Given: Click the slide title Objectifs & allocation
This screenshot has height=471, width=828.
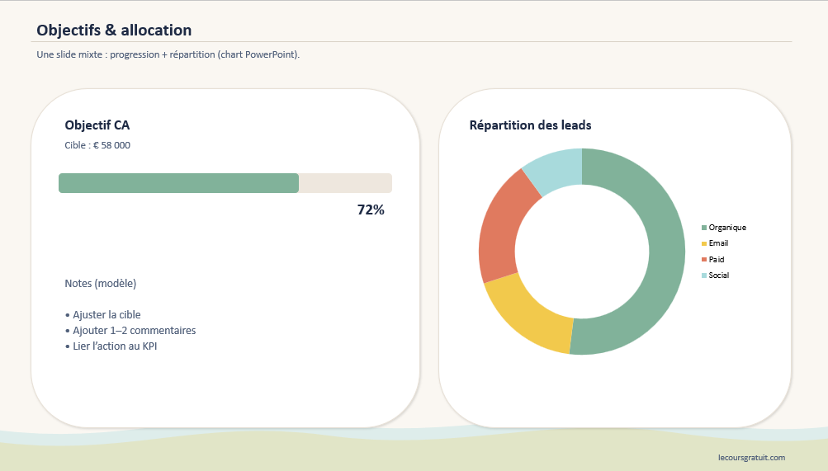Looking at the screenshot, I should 114,31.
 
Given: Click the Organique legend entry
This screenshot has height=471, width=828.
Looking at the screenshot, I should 726,228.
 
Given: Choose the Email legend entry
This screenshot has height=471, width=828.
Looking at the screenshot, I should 717,243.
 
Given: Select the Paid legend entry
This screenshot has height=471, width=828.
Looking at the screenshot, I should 716,259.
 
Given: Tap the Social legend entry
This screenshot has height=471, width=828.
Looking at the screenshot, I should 718,276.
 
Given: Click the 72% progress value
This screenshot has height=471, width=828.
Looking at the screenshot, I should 371,210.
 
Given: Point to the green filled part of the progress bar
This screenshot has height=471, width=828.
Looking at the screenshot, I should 178,183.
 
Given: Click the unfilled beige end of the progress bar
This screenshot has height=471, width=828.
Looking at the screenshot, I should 345,183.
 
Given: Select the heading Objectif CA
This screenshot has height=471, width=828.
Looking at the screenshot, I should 97,125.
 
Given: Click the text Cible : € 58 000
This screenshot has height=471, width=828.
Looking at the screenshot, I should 97,145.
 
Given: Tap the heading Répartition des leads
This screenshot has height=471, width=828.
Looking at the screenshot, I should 530,125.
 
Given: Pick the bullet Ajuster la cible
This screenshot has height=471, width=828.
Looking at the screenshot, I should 103,315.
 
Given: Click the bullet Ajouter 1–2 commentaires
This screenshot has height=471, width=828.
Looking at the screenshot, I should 130,331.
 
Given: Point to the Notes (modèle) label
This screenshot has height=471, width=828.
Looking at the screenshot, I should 101,284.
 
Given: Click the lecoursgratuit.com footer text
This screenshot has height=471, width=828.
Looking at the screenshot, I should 751,457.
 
